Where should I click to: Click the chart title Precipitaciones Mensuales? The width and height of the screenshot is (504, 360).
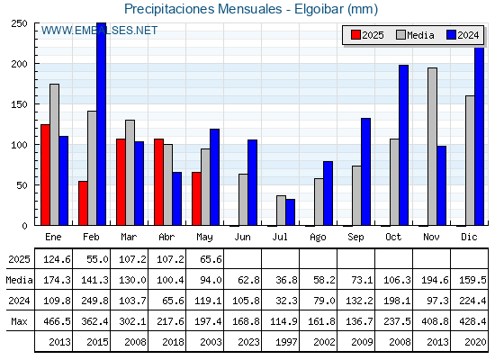(202, 9)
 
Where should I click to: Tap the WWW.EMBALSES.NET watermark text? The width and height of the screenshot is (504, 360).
(99, 31)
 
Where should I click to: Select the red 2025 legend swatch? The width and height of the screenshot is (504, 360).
(355, 35)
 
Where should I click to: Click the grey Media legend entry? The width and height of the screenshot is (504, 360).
(415, 35)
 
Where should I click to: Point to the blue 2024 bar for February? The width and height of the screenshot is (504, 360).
(101, 124)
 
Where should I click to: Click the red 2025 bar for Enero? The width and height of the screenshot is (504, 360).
(45, 175)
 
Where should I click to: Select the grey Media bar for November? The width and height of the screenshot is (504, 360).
(432, 147)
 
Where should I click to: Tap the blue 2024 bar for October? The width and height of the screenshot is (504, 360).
(404, 145)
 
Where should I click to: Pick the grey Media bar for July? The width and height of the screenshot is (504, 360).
(281, 211)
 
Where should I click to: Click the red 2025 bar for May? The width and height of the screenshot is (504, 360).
(196, 199)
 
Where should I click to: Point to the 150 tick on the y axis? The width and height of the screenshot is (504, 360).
(20, 104)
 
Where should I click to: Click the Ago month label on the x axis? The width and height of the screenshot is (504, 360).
(318, 238)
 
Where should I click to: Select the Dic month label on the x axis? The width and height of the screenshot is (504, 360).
(469, 237)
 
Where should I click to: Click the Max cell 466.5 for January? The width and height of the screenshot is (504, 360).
(57, 321)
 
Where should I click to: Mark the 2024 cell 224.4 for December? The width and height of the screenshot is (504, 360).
(472, 301)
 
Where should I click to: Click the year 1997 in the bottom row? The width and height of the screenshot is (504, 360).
(286, 342)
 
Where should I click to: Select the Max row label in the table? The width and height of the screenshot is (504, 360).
(19, 321)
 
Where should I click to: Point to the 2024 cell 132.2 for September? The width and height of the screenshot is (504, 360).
(359, 301)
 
